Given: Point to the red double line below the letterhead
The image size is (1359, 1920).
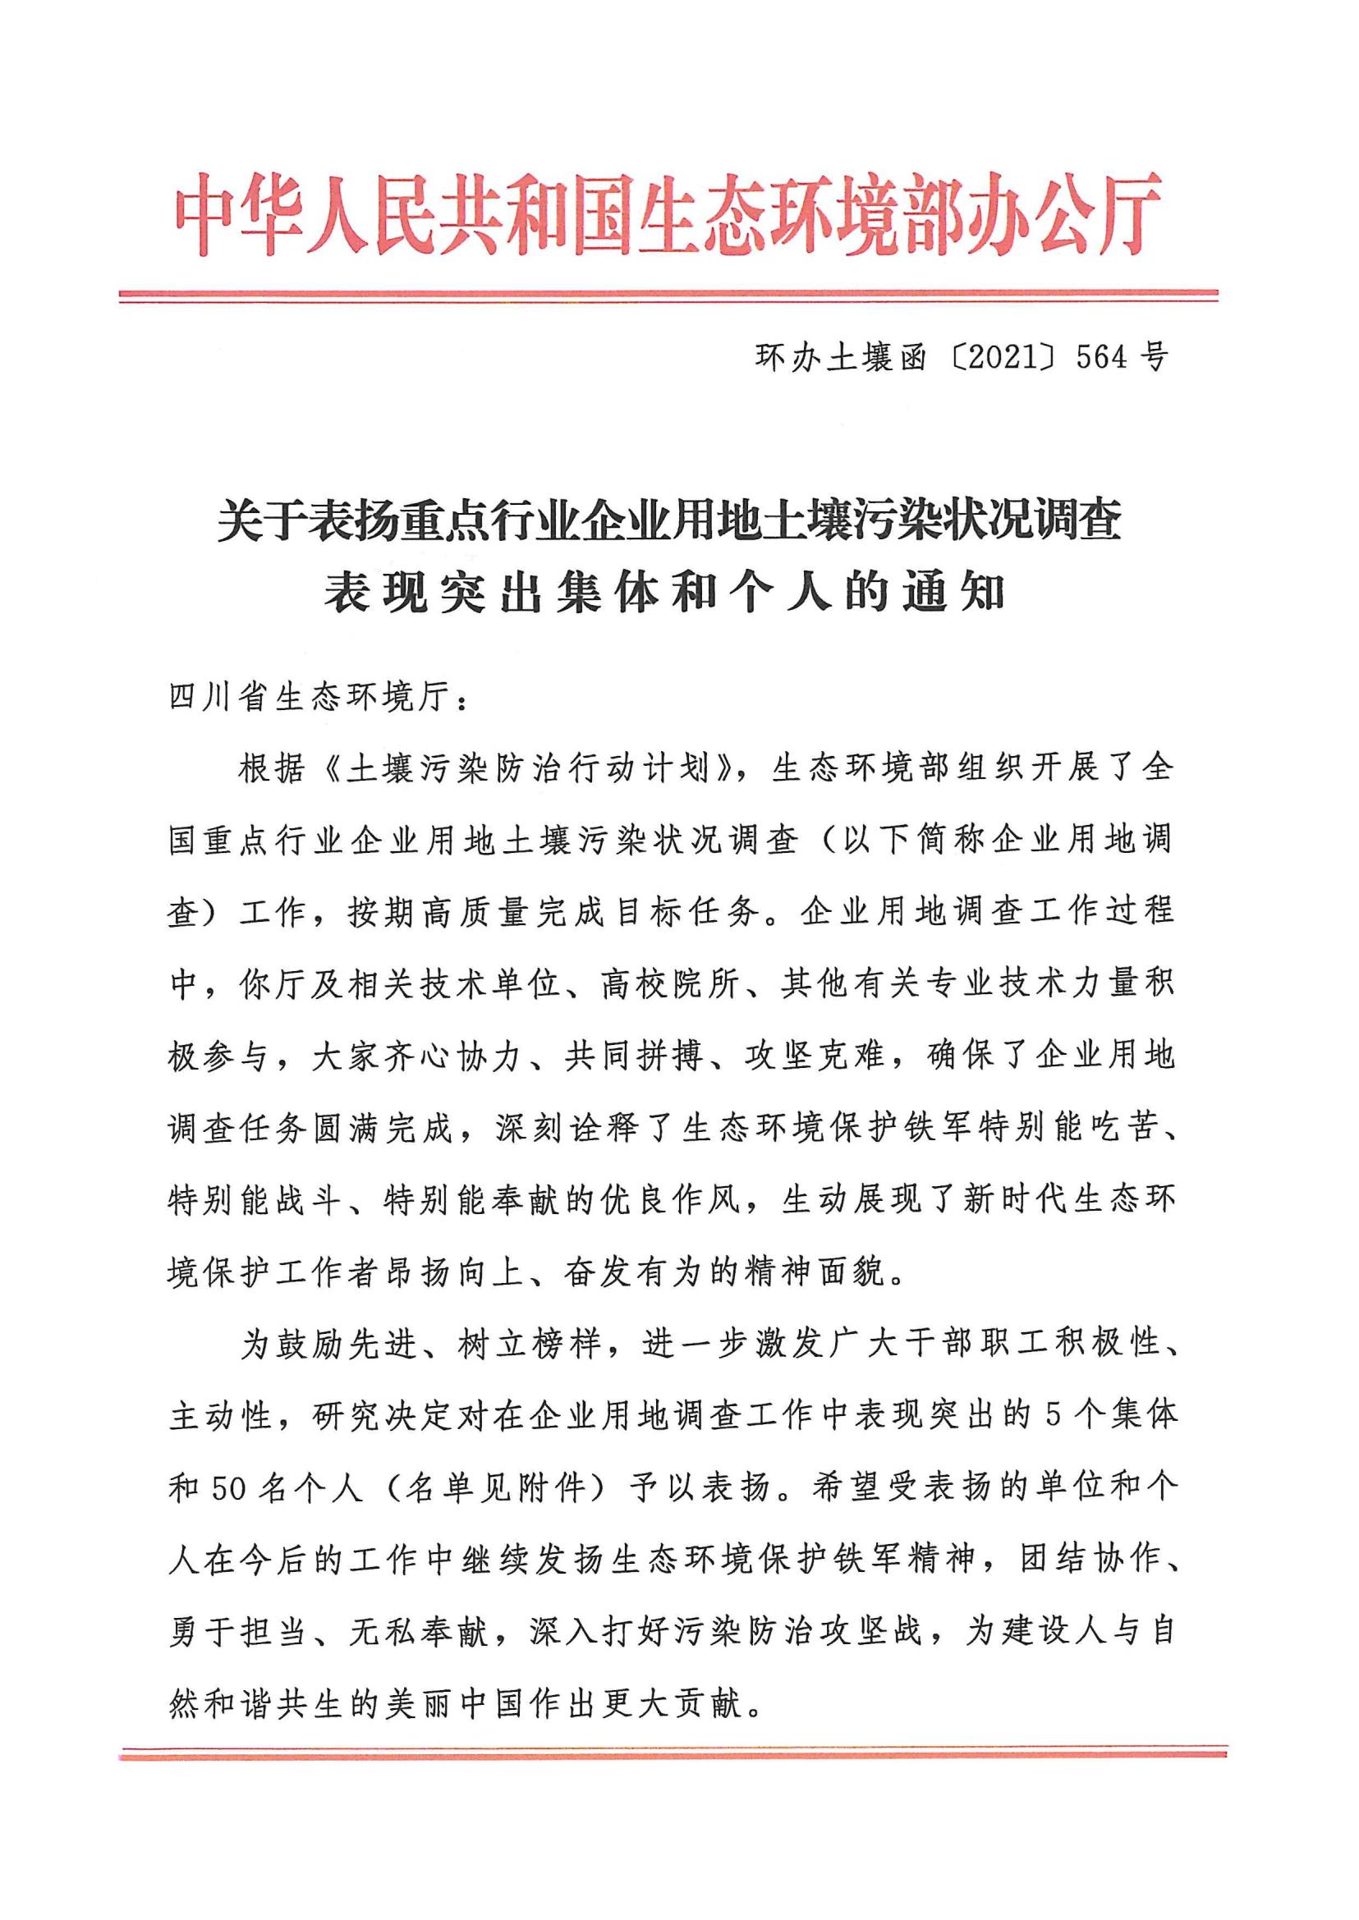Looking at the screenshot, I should click(x=668, y=295).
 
